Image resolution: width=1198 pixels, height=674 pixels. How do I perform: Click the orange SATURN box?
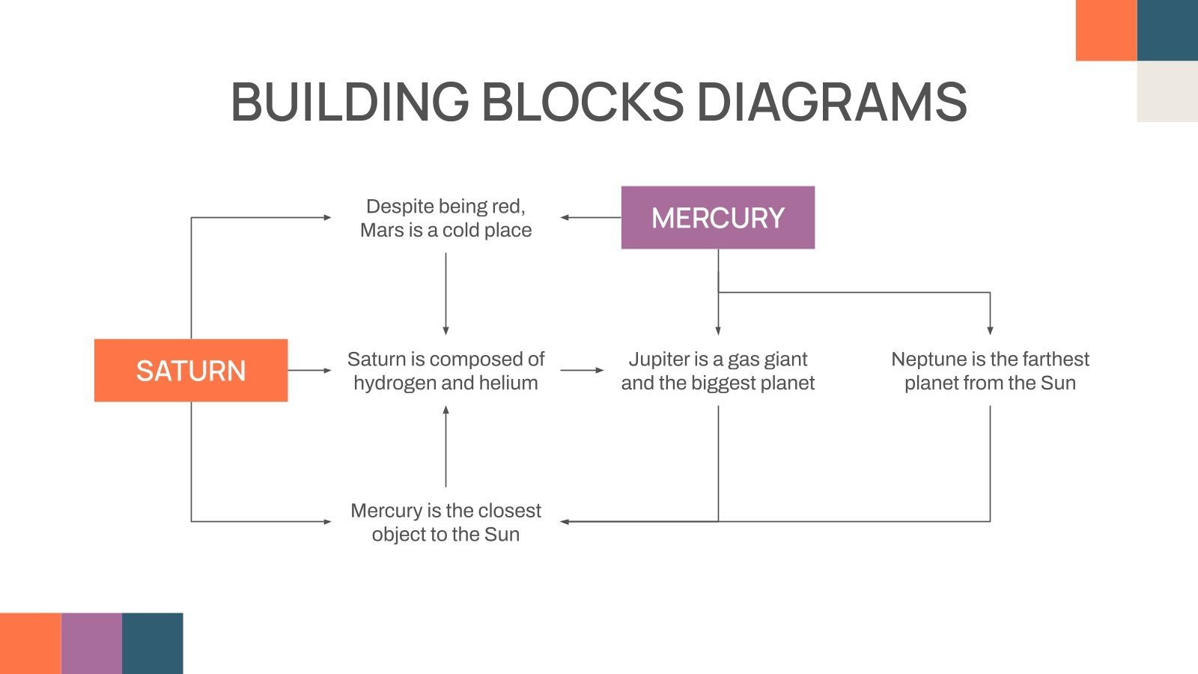(191, 371)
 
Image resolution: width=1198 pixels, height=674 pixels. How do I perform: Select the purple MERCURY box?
(717, 218)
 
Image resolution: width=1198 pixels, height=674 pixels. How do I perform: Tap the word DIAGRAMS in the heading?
(831, 102)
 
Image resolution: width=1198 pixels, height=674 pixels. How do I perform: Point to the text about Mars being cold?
(446, 218)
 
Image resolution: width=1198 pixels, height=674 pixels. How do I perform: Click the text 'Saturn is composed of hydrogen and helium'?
(446, 371)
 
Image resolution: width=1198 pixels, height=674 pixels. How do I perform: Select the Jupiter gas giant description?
(717, 371)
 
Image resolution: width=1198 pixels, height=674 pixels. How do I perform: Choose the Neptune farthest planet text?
(990, 371)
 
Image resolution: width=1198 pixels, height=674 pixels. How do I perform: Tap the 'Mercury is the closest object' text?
(446, 522)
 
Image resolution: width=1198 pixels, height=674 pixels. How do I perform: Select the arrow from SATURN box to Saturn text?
(309, 370)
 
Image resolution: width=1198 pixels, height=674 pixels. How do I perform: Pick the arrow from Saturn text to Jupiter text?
(582, 370)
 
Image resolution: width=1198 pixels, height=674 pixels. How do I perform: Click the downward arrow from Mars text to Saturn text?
(446, 294)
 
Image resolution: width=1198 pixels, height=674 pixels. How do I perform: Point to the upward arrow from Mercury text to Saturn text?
(446, 447)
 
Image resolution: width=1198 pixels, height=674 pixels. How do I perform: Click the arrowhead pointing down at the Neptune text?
(990, 330)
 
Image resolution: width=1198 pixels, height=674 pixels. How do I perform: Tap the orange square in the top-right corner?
(1106, 30)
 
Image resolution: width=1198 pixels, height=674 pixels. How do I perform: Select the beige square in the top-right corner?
(1167, 91)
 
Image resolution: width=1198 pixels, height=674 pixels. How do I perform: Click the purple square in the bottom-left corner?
(91, 643)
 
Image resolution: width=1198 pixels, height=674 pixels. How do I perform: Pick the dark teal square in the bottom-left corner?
(153, 643)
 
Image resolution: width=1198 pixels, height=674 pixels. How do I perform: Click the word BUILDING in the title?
(349, 102)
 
